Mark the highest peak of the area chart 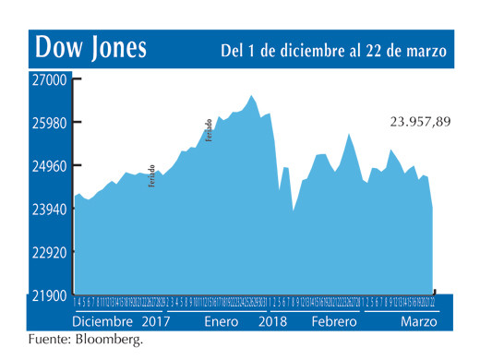(251, 95)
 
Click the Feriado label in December (151, 175)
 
